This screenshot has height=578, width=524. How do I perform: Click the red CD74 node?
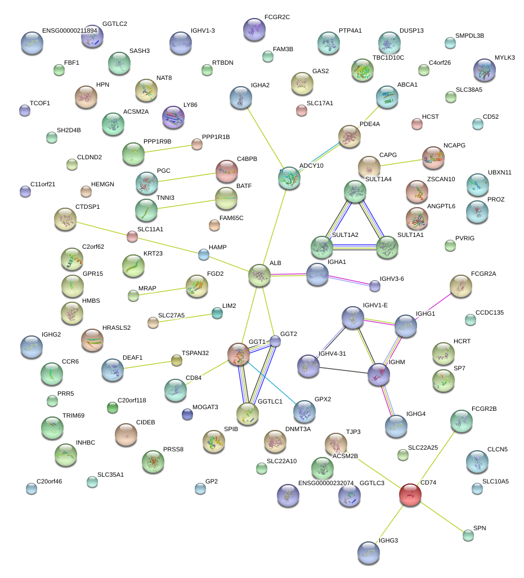[x=410, y=494]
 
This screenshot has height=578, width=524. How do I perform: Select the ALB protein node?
[x=259, y=275]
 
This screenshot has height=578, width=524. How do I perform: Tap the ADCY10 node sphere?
[x=289, y=178]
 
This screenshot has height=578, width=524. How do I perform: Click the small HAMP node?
[x=204, y=254]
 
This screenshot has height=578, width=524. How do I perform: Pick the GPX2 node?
[x=304, y=410]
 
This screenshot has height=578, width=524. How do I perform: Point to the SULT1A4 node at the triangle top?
[x=355, y=191]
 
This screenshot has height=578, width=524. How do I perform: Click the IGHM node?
[x=378, y=374]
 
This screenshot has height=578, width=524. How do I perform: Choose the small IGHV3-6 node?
[x=375, y=286]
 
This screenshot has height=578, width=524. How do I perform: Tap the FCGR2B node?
[x=462, y=420]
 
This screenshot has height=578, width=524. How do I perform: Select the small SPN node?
[x=468, y=535]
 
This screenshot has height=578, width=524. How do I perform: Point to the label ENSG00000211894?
[x=70, y=30]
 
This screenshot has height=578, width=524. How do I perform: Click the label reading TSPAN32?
[x=195, y=353]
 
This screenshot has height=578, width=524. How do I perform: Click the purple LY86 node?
[x=173, y=117]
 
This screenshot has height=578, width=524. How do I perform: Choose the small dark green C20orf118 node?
[x=113, y=407]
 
